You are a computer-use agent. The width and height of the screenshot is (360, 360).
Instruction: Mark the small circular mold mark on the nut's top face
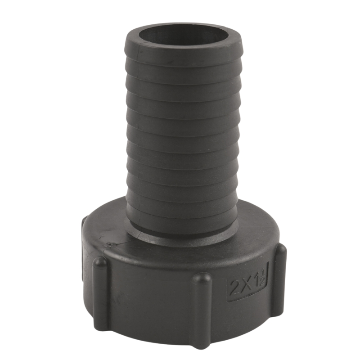(111, 244)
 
